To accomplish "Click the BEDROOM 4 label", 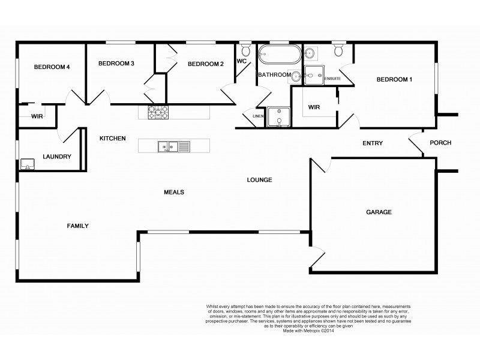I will point(52,67).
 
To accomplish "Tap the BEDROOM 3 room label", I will point(116,64).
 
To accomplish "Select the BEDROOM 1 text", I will point(394,80).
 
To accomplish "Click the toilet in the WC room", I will point(245,51).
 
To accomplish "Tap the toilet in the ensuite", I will point(338,51).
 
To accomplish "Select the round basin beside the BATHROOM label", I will point(298,75).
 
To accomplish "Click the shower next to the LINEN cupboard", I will point(278,118).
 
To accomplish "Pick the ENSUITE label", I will point(332,79).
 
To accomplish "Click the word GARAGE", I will point(379,212).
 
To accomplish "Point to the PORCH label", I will point(440,143).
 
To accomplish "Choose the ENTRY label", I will point(373,143).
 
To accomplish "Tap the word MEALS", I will point(173,192).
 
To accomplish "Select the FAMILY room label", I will point(77,226).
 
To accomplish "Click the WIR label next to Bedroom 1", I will point(314,107).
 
